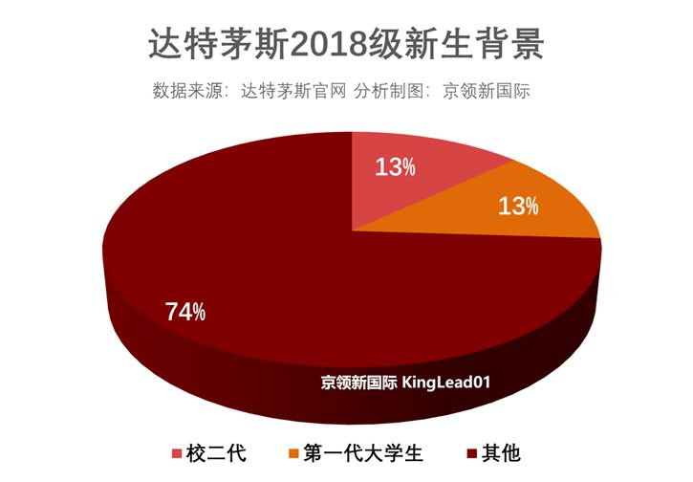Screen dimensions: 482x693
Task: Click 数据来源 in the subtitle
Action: [183, 92]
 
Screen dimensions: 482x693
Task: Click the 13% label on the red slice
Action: [395, 167]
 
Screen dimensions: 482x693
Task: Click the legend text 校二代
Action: [217, 452]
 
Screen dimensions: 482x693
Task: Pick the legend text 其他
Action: [502, 452]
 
